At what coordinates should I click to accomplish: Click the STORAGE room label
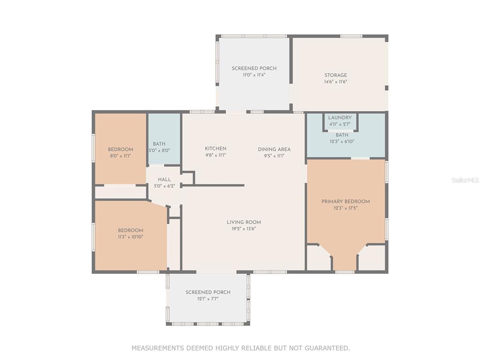pyautogui.click(x=336, y=75)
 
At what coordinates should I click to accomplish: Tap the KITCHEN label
pyautogui.click(x=216, y=149)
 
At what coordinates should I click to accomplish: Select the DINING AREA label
pyautogui.click(x=274, y=150)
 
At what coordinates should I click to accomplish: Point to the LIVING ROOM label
pyautogui.click(x=244, y=222)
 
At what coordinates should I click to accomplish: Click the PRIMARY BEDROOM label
pyautogui.click(x=345, y=202)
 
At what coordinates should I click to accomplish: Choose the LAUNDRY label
pyautogui.click(x=340, y=118)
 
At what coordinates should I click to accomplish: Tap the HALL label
pyautogui.click(x=165, y=180)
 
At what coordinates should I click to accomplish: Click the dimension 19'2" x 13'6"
pyautogui.click(x=244, y=229)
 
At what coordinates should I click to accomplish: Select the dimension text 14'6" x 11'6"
pyautogui.click(x=336, y=82)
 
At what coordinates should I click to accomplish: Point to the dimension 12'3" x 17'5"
pyautogui.click(x=345, y=208)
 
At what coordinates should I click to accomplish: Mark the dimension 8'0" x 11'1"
pyautogui.click(x=120, y=156)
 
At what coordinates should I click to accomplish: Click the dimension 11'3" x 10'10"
pyautogui.click(x=130, y=237)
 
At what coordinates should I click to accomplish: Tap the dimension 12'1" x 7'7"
pyautogui.click(x=208, y=299)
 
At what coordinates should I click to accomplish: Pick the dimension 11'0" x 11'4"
pyautogui.click(x=254, y=75)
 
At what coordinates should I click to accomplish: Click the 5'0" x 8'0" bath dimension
pyautogui.click(x=159, y=150)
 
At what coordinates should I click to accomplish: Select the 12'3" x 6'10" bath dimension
pyautogui.click(x=342, y=142)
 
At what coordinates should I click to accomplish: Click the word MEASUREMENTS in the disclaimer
pyautogui.click(x=158, y=348)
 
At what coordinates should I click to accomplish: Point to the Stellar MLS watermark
pyautogui.click(x=465, y=180)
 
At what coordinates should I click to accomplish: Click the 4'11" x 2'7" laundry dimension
pyautogui.click(x=340, y=124)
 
